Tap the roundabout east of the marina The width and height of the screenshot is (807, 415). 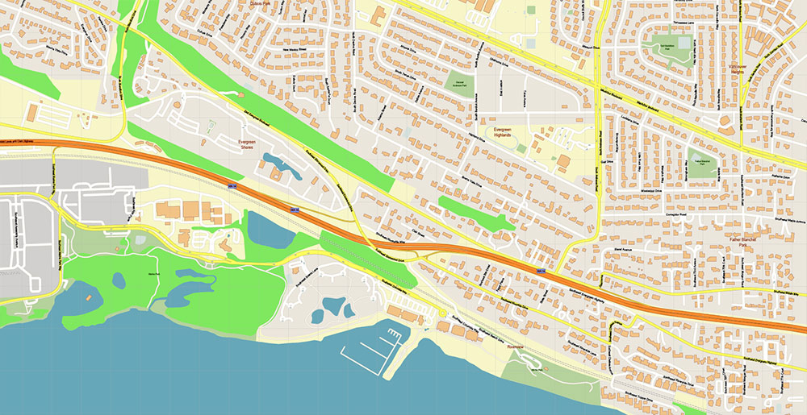[443, 313]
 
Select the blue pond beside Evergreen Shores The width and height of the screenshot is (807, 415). [282, 167]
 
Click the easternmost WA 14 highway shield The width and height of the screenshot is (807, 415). [541, 271]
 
